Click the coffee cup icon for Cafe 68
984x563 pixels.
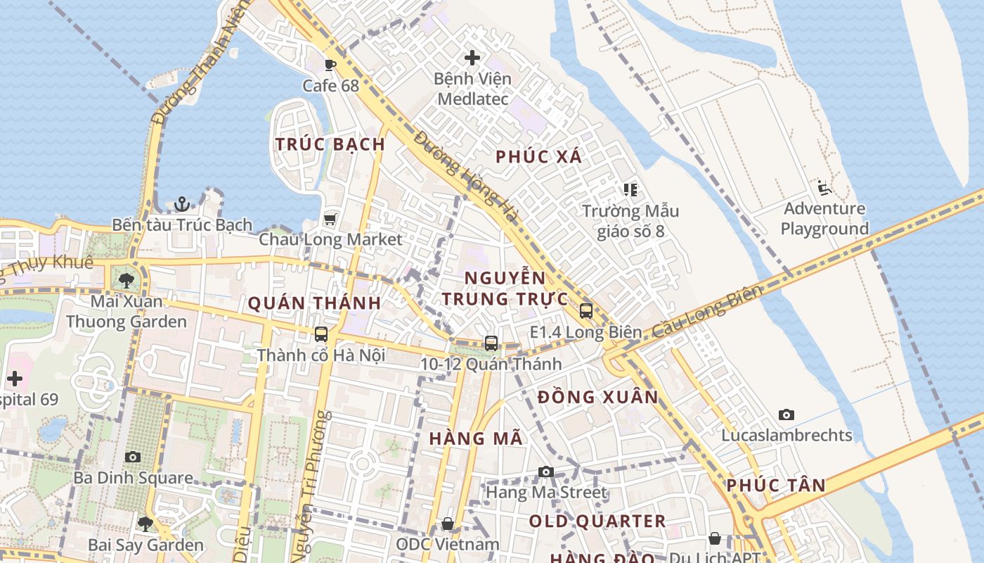(330, 65)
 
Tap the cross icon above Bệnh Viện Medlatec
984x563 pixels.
(472, 58)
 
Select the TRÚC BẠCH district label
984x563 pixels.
(330, 144)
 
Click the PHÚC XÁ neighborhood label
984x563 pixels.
(539, 157)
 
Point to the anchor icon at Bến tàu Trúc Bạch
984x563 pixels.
(182, 204)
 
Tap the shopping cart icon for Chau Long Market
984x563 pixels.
(330, 219)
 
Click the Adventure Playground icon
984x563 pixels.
(824, 188)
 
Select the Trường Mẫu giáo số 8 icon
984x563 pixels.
(630, 190)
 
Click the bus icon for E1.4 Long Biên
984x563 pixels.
(585, 310)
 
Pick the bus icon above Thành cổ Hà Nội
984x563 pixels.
(321, 334)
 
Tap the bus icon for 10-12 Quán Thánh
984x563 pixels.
(491, 343)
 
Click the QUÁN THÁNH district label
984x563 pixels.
(314, 303)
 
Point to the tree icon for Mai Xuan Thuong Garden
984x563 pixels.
(127, 281)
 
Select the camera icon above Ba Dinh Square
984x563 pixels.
(133, 457)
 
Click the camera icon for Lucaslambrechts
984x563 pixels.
(786, 415)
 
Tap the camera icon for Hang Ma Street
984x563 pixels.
(546, 472)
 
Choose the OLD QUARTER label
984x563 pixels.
(597, 521)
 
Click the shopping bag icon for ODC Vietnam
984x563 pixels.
(448, 524)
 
